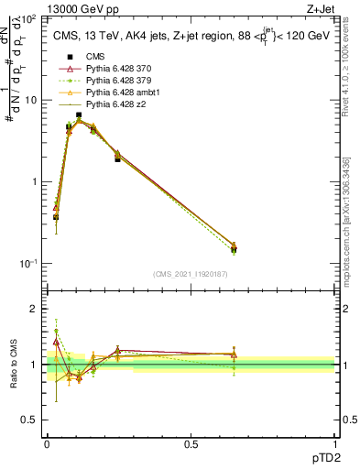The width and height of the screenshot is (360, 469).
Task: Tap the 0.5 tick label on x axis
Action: pyautogui.click(x=191, y=442)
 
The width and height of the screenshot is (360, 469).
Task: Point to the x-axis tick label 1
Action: pyautogui.click(x=334, y=442)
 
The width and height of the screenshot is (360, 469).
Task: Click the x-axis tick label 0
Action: pyautogui.click(x=47, y=442)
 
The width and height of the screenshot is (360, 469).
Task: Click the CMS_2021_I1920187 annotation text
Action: pyautogui.click(x=191, y=273)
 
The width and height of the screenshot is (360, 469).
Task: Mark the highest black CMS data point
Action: pyautogui.click(x=79, y=115)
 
